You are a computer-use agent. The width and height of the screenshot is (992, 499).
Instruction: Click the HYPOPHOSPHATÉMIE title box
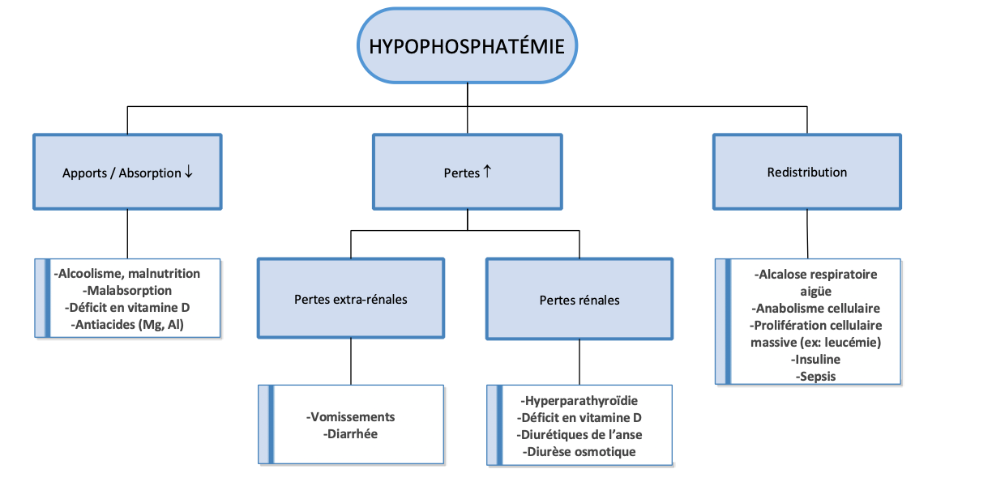coord(466,45)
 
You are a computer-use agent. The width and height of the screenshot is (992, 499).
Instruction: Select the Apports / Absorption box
coord(127,173)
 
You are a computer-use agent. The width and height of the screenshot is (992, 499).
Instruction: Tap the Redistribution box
coord(806,172)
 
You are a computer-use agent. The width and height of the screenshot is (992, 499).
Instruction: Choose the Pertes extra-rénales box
coord(350,299)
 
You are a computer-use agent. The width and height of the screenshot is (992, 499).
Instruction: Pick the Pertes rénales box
coord(579,300)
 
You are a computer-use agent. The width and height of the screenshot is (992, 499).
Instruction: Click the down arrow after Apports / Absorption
coord(188,173)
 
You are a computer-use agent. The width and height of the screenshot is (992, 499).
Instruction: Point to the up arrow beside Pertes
coord(487,172)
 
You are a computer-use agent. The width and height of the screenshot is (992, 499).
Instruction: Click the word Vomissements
coord(351,416)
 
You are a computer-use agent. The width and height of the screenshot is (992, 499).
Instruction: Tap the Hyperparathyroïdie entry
coord(580,400)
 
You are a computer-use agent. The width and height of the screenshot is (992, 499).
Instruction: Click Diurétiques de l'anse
coord(580,434)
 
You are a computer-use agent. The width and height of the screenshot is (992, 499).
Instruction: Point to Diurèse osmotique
coord(580,451)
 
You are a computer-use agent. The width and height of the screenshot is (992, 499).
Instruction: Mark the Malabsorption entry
coord(127,290)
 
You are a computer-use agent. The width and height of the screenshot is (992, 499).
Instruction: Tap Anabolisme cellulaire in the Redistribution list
coord(815,308)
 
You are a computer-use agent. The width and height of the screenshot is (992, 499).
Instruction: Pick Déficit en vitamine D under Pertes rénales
coord(580,417)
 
